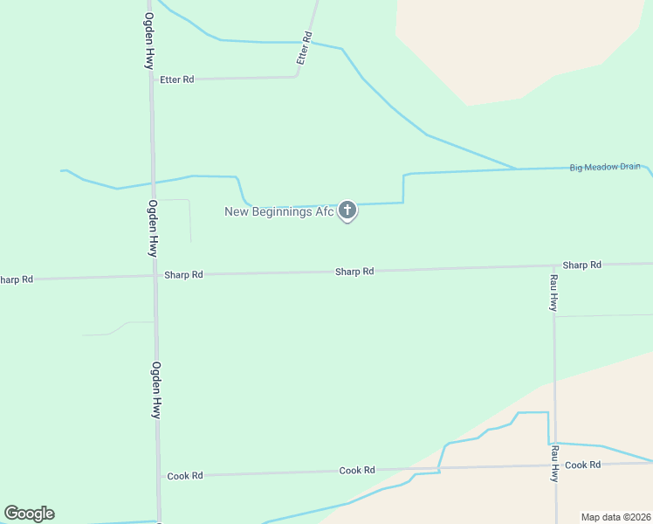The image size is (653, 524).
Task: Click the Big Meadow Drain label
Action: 605,167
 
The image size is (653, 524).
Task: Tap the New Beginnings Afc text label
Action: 279,211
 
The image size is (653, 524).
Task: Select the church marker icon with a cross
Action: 347,210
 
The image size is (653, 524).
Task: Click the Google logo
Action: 29,514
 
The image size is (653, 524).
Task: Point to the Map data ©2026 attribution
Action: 615,517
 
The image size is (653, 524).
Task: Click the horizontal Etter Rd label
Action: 176,79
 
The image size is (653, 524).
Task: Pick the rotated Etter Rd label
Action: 304,49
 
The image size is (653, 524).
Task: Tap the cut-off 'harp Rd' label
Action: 16,279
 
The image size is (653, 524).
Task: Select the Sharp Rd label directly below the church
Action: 354,272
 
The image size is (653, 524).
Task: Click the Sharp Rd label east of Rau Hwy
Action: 581,265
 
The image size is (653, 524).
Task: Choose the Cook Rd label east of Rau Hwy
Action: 582,465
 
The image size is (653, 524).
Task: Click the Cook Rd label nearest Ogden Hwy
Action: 185,476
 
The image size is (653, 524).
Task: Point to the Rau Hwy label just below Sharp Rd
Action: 553,293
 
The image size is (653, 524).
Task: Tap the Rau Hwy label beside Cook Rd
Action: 553,464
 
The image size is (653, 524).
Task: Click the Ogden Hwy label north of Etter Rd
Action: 149,41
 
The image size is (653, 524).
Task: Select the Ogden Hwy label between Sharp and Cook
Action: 155,390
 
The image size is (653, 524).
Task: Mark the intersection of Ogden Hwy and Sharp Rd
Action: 155,276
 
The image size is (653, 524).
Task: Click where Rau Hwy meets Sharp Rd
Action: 553,265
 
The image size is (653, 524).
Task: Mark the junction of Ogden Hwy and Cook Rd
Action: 158,476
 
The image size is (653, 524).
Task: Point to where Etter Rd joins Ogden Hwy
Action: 151,80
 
